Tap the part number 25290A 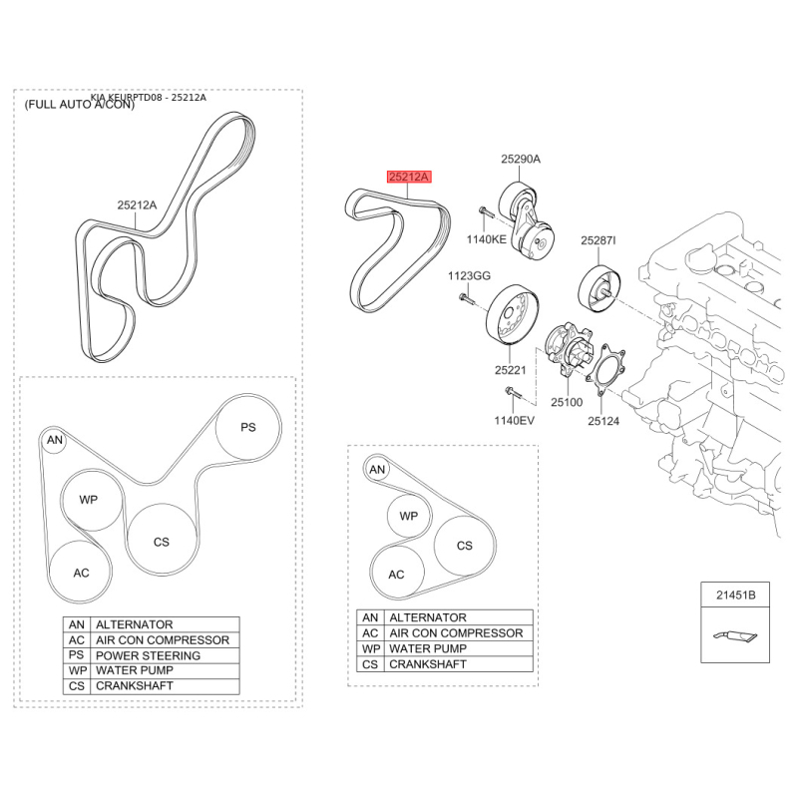click(x=520, y=159)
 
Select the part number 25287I click(x=598, y=240)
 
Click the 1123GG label click(x=468, y=274)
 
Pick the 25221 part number click(x=509, y=370)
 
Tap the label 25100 click(x=566, y=402)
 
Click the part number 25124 click(x=602, y=421)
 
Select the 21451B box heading click(x=735, y=596)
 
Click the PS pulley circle click(x=248, y=427)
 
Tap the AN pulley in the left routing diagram click(x=54, y=439)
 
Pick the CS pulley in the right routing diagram click(x=464, y=546)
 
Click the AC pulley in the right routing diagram click(x=396, y=575)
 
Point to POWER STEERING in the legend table click(x=148, y=655)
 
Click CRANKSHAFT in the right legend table click(x=427, y=663)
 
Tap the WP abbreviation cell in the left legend click(x=76, y=670)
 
